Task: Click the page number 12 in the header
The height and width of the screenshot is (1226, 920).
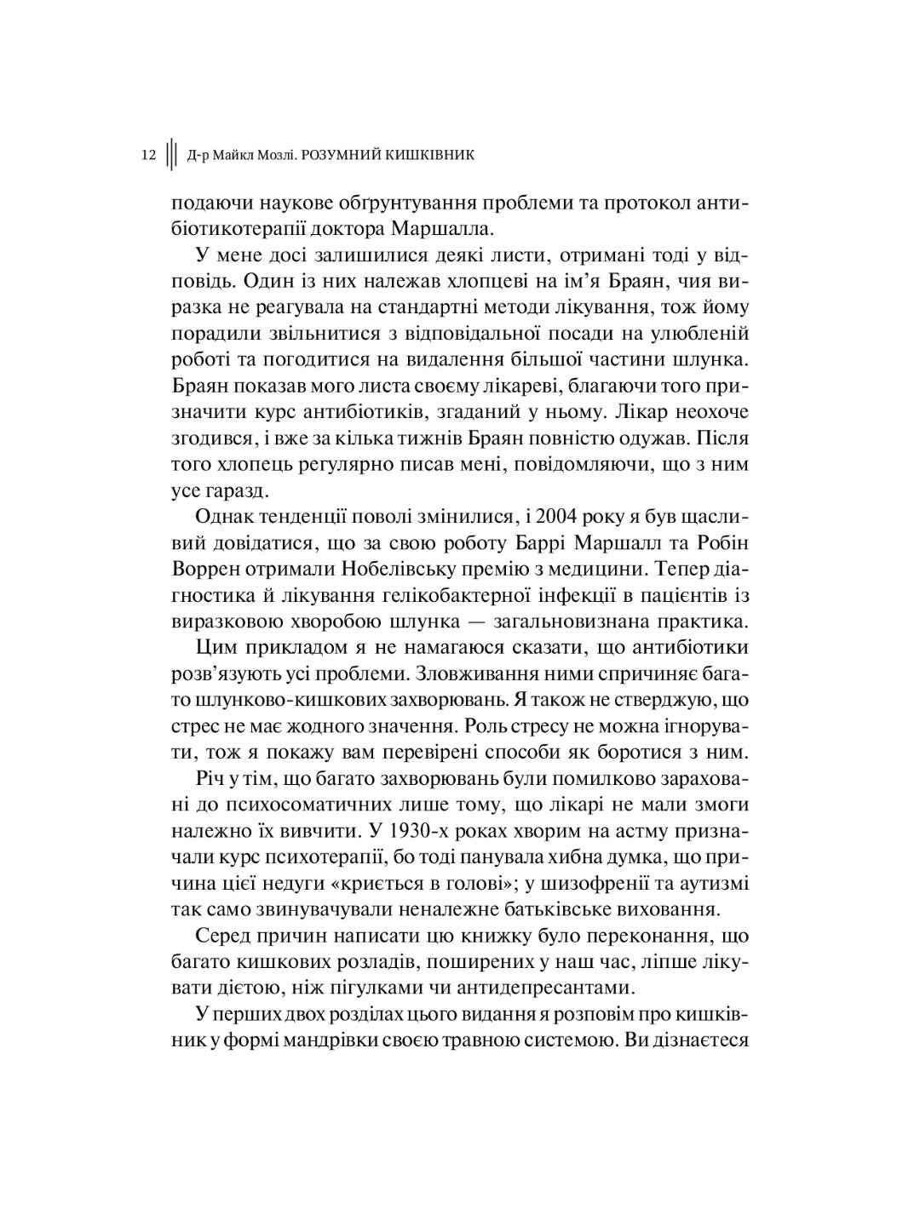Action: [148, 156]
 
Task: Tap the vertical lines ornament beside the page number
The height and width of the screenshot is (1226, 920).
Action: [171, 156]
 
